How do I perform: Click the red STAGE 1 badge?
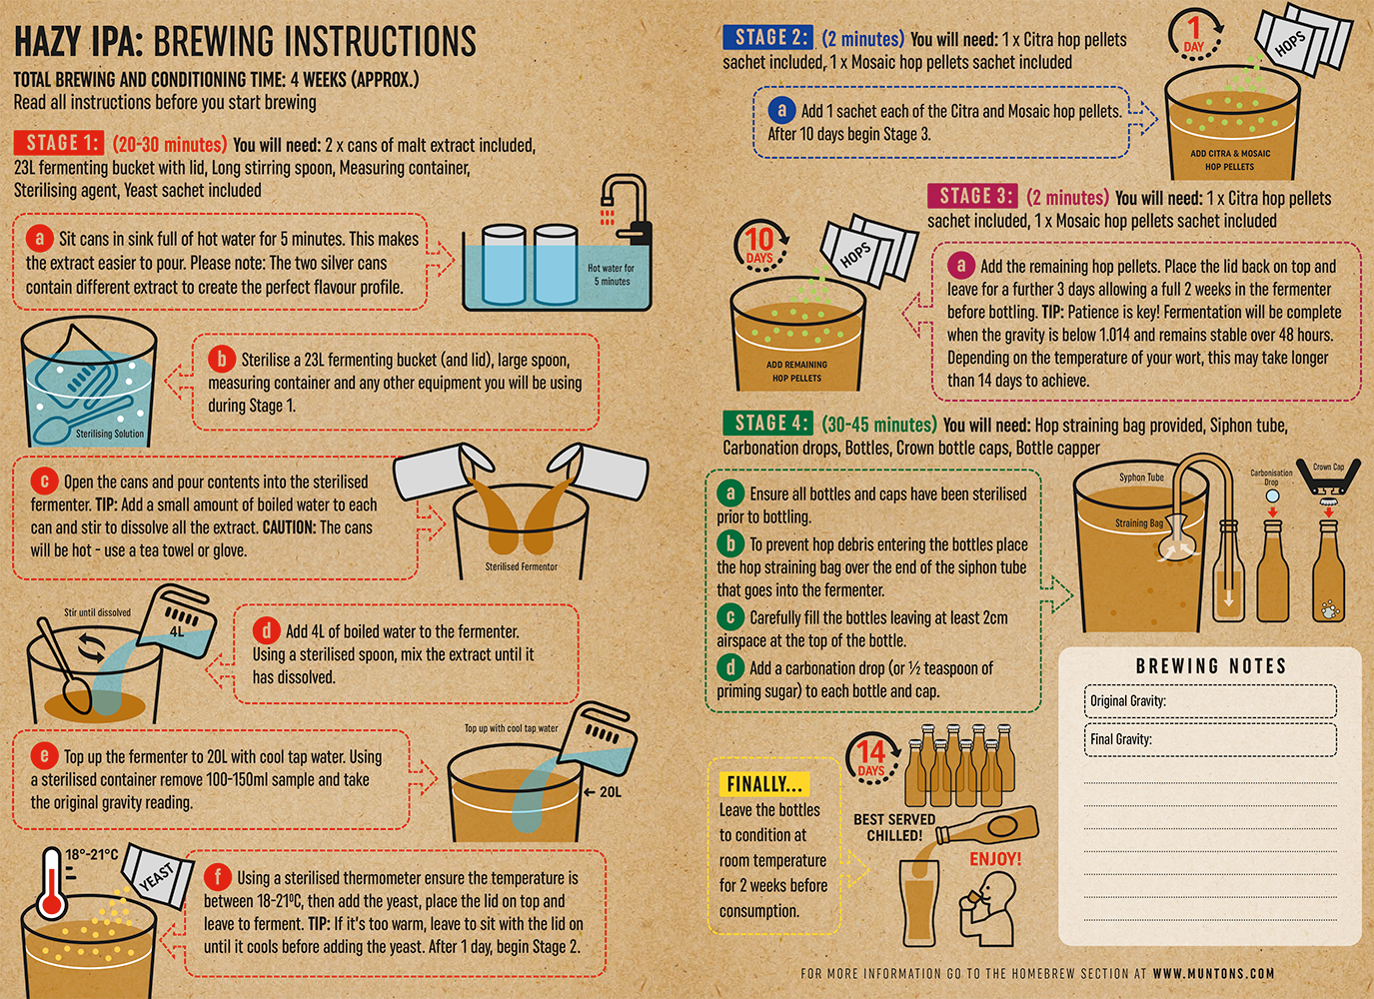(58, 143)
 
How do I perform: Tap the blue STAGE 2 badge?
(768, 37)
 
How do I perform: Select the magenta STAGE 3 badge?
(972, 196)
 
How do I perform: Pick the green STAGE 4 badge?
(768, 423)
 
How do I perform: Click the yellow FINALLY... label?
(764, 784)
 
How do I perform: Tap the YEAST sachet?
(157, 876)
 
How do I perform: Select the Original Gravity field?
(1210, 701)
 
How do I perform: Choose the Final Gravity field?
(1210, 739)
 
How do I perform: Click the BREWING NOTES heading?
(1211, 666)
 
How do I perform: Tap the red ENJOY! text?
(995, 858)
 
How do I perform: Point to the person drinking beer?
(986, 909)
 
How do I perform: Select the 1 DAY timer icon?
(1195, 36)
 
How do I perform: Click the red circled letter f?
(218, 877)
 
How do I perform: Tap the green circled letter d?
(730, 667)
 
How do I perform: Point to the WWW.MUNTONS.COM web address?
(1213, 973)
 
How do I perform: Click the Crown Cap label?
(1328, 468)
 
